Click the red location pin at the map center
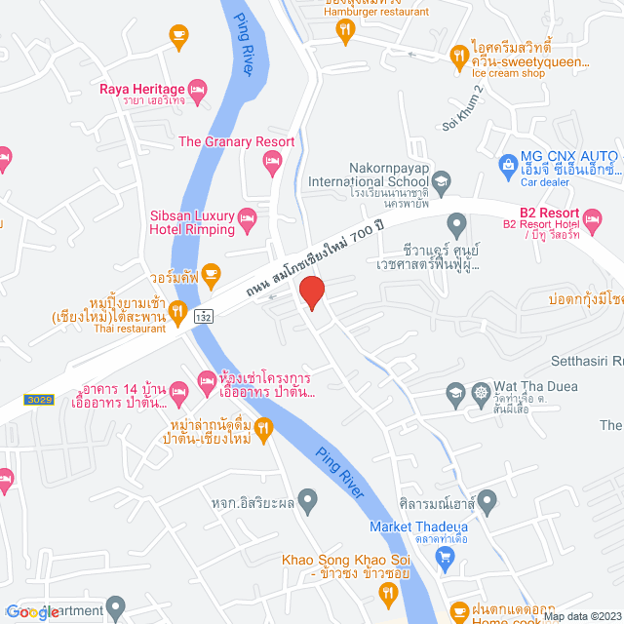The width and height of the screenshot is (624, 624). [x=311, y=292]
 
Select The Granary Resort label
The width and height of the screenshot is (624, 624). [x=236, y=141]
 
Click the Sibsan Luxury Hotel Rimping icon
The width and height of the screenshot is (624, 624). [x=247, y=216]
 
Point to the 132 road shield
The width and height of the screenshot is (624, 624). [x=203, y=316]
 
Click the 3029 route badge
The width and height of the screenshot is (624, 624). [x=36, y=400]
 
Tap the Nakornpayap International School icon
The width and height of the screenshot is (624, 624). [x=441, y=180]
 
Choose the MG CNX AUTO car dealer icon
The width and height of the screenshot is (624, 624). [x=507, y=163]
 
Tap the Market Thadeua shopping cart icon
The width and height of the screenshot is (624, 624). [x=447, y=557]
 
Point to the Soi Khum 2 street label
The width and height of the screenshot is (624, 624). [x=463, y=109]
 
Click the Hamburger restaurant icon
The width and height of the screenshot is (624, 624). [x=345, y=30]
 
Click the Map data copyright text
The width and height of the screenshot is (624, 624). [x=580, y=616]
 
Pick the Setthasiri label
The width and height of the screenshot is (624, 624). [x=590, y=361]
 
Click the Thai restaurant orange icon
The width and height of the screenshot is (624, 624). [x=177, y=312]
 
